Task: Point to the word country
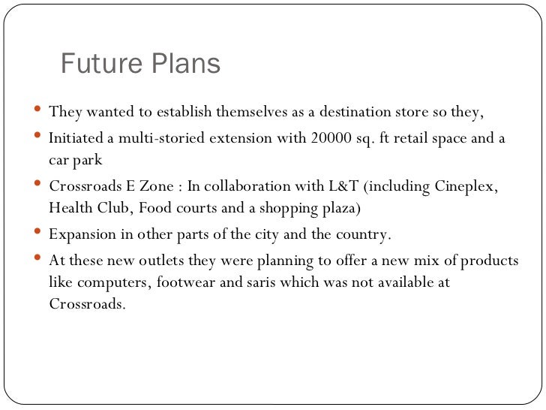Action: pyautogui.click(x=359, y=234)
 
